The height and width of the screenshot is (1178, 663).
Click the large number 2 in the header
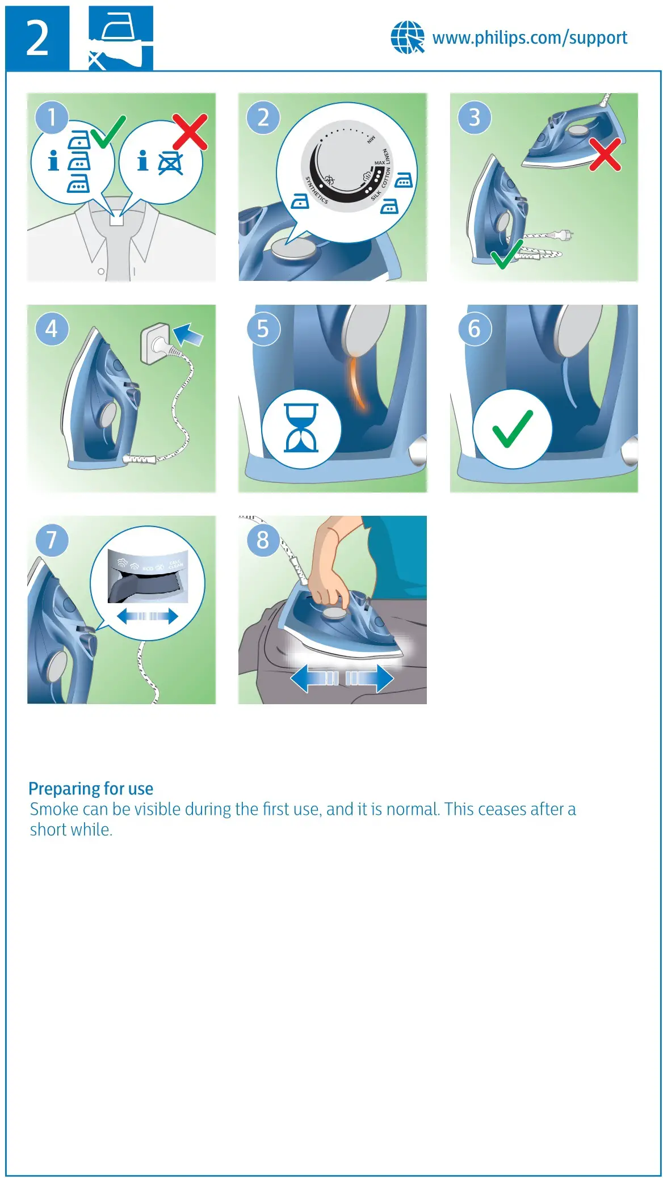(x=37, y=39)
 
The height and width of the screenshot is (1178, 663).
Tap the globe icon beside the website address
(x=407, y=37)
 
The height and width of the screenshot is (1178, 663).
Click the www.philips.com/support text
(x=530, y=38)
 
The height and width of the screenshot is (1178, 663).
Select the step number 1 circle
(x=52, y=117)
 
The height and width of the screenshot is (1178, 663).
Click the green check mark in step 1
(x=107, y=132)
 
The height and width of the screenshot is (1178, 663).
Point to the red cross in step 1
(x=190, y=132)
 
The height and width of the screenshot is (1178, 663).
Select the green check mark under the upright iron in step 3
(x=506, y=254)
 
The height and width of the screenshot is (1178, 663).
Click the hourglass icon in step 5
(x=301, y=428)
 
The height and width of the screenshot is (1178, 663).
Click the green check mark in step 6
(x=513, y=428)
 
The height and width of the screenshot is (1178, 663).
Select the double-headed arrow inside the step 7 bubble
(x=148, y=616)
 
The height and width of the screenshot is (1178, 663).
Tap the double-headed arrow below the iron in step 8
(x=342, y=678)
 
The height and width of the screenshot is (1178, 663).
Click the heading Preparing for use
(x=91, y=789)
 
